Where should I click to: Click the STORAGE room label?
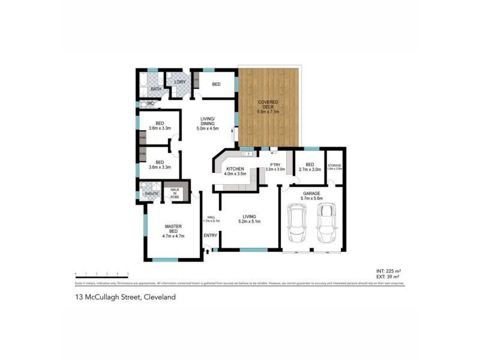(x=334, y=165)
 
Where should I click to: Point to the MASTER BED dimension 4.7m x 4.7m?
(x=173, y=236)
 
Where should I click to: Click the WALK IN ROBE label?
(x=175, y=193)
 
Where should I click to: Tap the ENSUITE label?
(x=151, y=193)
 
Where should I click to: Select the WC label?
(x=151, y=103)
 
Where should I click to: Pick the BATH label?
(x=156, y=89)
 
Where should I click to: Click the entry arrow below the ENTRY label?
(x=208, y=251)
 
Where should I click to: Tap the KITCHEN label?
(x=235, y=169)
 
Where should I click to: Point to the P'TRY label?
(x=275, y=165)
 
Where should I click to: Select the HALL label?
(x=211, y=217)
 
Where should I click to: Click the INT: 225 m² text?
(x=389, y=271)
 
